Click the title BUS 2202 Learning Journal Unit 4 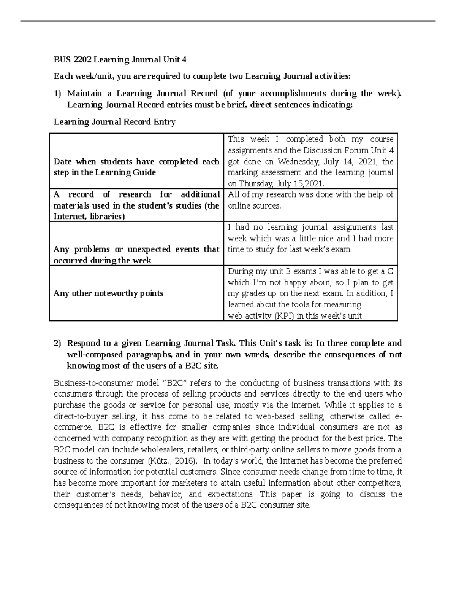(x=120, y=60)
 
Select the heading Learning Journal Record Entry (x=114, y=122)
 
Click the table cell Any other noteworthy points (x=108, y=293)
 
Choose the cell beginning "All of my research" (x=310, y=200)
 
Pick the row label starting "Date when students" (x=136, y=167)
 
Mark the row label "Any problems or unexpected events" (x=136, y=255)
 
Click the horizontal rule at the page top (x=228, y=21)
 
